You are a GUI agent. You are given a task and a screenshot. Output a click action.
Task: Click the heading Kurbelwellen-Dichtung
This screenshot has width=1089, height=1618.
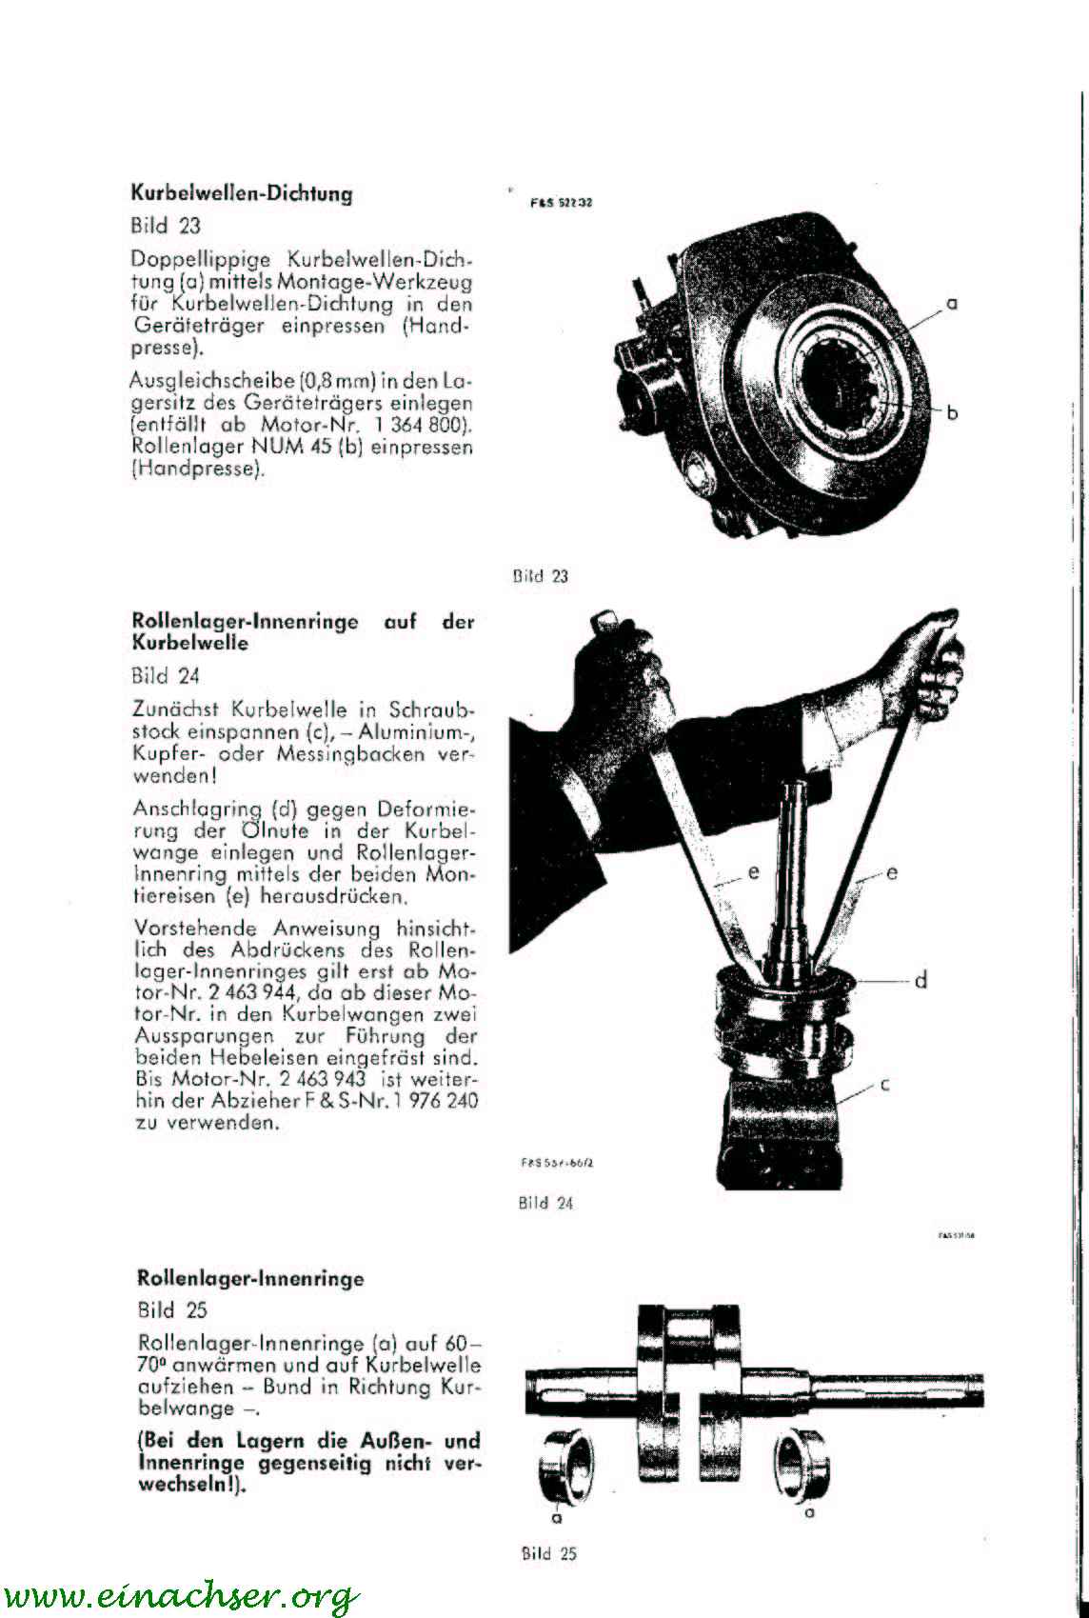241,194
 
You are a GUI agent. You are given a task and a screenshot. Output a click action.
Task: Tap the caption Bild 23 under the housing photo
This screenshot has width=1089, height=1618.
540,576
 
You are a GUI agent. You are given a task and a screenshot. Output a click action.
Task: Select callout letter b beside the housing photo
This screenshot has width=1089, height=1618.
952,412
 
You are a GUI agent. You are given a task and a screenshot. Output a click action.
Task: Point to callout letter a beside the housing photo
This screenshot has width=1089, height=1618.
951,305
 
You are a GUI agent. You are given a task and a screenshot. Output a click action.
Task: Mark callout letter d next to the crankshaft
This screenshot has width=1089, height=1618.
921,980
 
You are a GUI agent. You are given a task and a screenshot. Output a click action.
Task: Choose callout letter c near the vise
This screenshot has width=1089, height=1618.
884,1086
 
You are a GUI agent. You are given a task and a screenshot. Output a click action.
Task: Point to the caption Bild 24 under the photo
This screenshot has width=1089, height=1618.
546,1203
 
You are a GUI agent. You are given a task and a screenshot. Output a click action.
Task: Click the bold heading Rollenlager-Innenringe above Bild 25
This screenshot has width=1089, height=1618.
249,1278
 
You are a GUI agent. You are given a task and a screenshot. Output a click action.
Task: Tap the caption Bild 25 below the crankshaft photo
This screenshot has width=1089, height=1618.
549,1553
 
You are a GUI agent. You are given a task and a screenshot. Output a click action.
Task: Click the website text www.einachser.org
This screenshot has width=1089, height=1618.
181,1595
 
